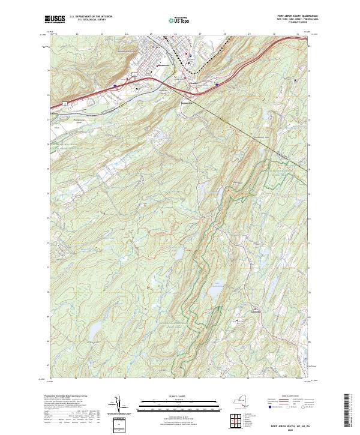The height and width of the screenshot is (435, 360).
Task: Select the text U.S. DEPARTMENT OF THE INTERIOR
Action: click(91, 17)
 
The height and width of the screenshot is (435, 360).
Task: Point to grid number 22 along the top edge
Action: click(78, 34)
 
